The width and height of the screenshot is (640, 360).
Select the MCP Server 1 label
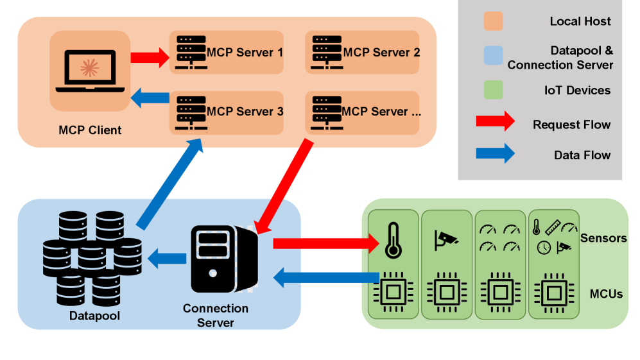click(x=245, y=52)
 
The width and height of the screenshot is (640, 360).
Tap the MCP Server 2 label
click(x=381, y=52)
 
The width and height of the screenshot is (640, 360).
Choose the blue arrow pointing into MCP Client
click(x=150, y=98)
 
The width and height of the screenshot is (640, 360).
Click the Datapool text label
click(x=94, y=316)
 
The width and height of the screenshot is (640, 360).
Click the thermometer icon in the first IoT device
click(x=392, y=239)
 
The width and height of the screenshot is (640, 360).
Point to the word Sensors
click(x=603, y=238)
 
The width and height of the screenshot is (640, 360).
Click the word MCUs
click(x=605, y=294)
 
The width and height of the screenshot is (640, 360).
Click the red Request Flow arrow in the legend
click(x=495, y=121)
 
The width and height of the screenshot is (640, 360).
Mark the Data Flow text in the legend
click(x=582, y=155)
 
